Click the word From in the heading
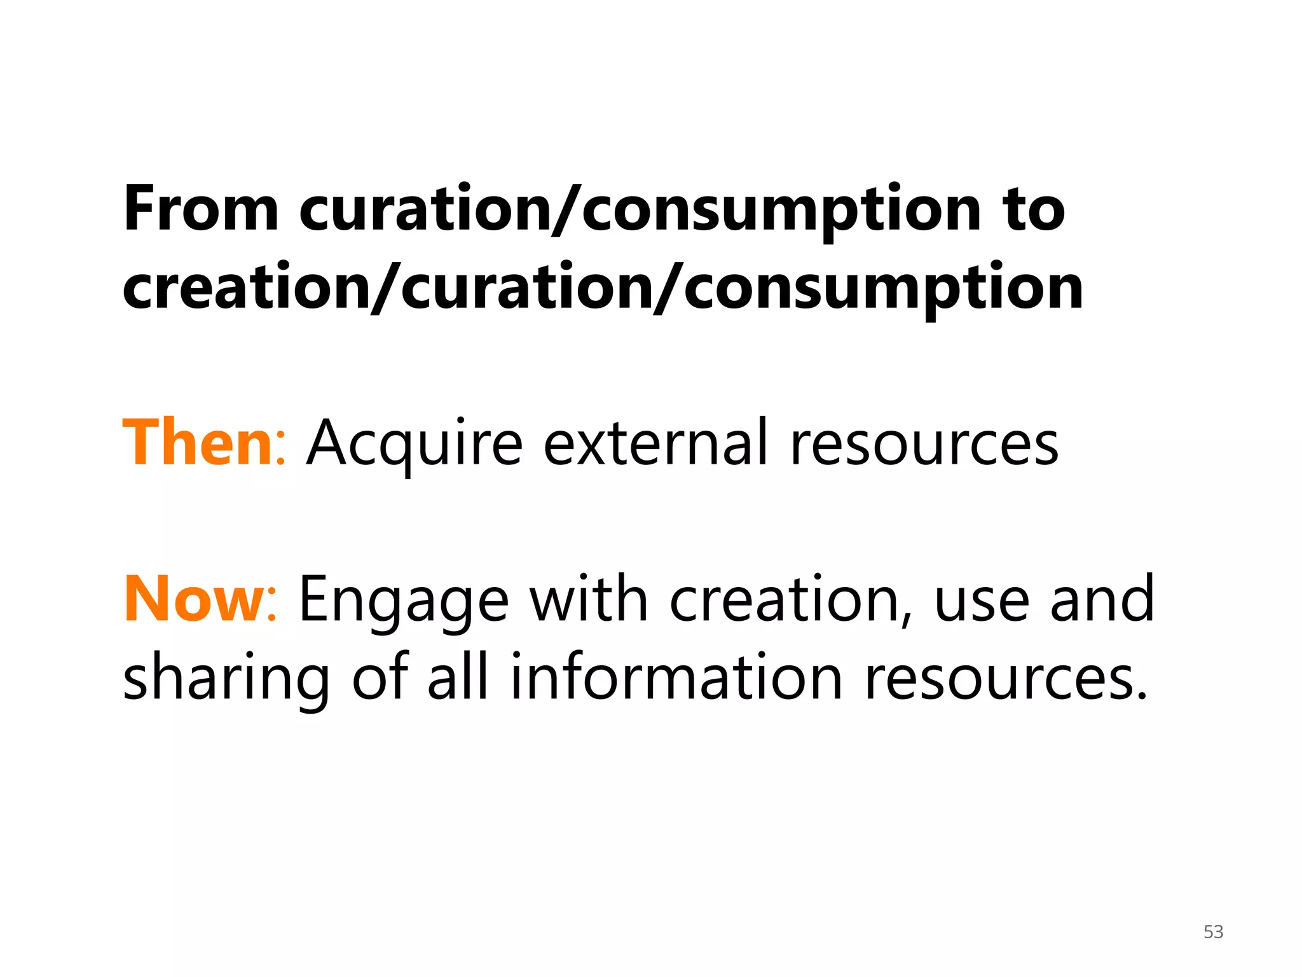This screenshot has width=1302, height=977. pyautogui.click(x=201, y=209)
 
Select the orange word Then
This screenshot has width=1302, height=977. pyautogui.click(x=198, y=443)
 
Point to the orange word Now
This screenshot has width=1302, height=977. pyautogui.click(x=193, y=599)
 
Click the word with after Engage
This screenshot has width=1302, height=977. pyautogui.click(x=589, y=599)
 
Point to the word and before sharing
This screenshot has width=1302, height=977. pyautogui.click(x=1102, y=599)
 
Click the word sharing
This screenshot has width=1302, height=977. pyautogui.click(x=226, y=679)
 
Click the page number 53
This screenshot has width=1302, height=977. pyautogui.click(x=1213, y=932)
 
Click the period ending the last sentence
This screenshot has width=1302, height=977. pyautogui.click(x=1142, y=695)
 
